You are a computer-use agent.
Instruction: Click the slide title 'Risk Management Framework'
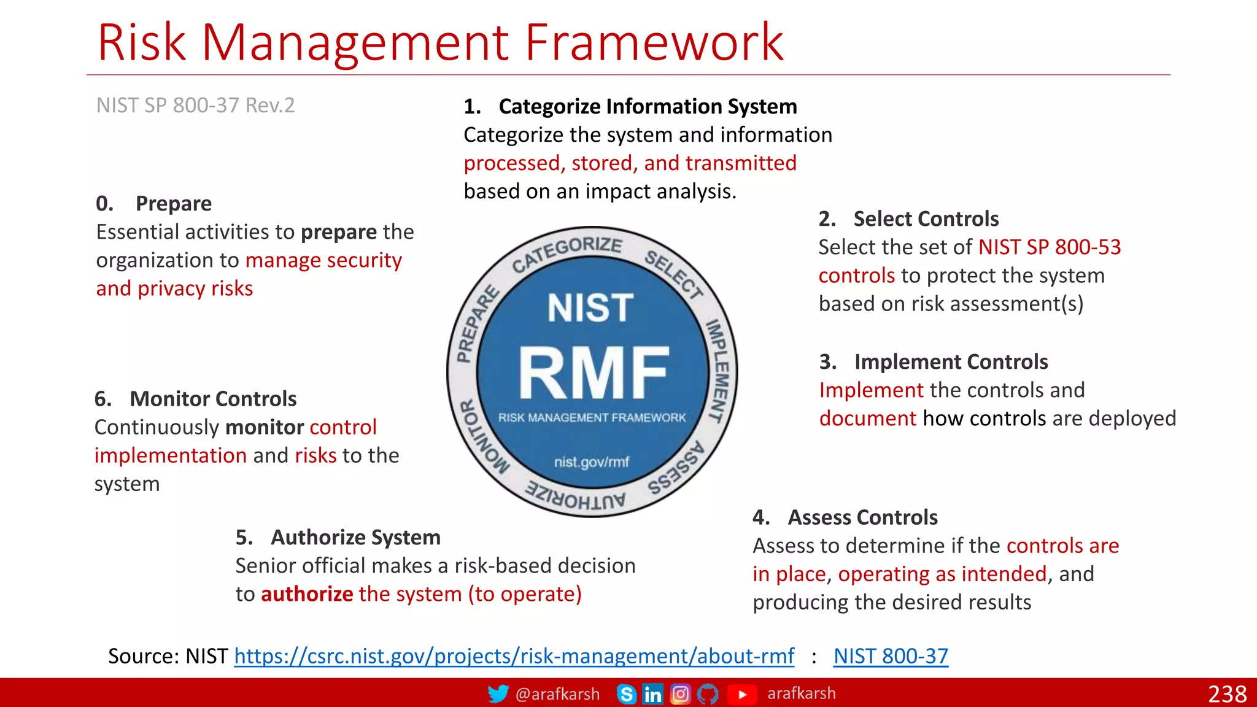440,43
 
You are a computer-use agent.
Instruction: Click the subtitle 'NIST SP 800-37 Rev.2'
195,106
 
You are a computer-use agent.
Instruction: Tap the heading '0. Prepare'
154,204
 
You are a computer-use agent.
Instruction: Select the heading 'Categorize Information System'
648,107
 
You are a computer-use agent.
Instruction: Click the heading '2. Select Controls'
908,219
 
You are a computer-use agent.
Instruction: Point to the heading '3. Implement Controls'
934,362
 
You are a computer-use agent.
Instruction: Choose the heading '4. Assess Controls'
845,518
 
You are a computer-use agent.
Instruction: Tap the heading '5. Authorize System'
338,538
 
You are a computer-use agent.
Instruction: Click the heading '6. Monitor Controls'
195,399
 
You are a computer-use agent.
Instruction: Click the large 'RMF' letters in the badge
593,373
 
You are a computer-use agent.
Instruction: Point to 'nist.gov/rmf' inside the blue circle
592,462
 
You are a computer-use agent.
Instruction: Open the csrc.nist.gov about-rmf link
514,657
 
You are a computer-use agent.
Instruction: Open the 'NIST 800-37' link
891,657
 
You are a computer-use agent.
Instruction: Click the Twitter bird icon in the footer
498,694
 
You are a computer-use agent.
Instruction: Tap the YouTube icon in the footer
741,694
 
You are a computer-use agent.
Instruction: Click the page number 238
1227,694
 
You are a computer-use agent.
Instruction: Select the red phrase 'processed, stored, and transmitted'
630,163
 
